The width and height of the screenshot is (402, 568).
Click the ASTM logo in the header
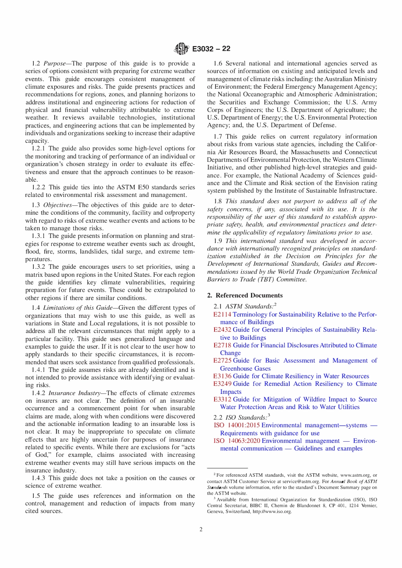pyautogui.click(x=181, y=49)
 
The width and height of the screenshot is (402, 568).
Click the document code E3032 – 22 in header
pyautogui.click(x=211, y=49)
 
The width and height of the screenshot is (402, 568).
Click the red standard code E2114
pyautogui.click(x=222, y=314)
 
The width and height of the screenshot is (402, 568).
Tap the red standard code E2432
pyautogui.click(x=222, y=330)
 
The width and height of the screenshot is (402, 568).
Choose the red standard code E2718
pyautogui.click(x=222, y=345)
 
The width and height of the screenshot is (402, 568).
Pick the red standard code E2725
pyautogui.click(x=222, y=360)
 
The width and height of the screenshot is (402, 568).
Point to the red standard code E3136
pyautogui.click(x=222, y=376)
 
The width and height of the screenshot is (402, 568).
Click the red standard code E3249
pyautogui.click(x=222, y=384)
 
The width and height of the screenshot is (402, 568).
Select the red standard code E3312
pyautogui.click(x=222, y=399)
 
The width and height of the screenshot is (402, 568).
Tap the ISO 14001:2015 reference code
pyautogui.click(x=237, y=425)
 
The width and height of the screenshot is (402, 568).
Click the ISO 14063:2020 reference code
pyautogui.click(x=237, y=441)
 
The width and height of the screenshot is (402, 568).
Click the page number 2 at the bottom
pyautogui.click(x=201, y=529)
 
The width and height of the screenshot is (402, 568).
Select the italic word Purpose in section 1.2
pyautogui.click(x=55, y=63)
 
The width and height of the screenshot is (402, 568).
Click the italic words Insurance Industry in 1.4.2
pyautogui.click(x=74, y=393)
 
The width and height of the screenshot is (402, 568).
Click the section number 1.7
pyautogui.click(x=218, y=137)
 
